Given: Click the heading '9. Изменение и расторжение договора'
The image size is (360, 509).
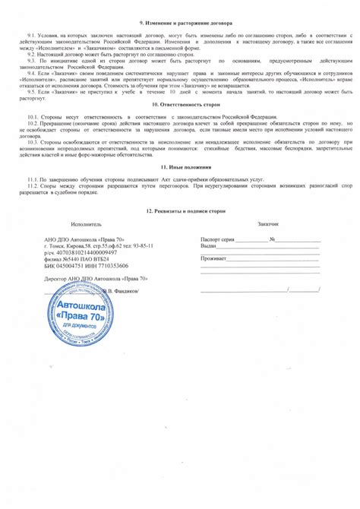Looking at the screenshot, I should (180, 24).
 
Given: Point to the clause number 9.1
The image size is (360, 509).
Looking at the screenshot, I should (31, 36).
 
